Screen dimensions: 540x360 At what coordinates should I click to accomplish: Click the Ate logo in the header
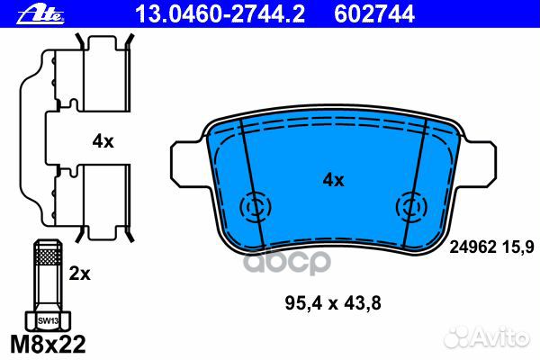(40, 14)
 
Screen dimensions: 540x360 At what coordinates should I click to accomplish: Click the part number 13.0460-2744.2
(220, 14)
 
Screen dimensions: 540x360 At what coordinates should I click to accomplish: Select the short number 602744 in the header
(374, 14)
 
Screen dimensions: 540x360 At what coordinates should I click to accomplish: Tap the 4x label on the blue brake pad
(333, 180)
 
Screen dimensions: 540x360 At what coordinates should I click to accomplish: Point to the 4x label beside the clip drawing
(103, 141)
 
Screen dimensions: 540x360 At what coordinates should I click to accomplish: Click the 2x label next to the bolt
(79, 274)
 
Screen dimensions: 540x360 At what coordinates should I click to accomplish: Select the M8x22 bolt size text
(48, 344)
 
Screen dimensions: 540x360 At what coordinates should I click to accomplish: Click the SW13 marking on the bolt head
(48, 321)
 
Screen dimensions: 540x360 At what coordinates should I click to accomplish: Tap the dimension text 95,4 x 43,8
(333, 303)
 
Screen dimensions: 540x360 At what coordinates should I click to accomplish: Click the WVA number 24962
(472, 247)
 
